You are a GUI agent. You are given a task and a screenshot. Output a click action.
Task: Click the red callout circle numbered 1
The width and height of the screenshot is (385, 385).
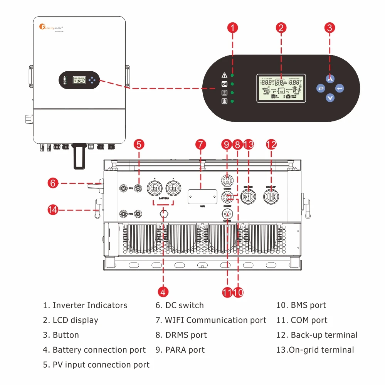232,27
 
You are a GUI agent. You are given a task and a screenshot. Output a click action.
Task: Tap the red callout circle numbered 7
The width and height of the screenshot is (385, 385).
200,145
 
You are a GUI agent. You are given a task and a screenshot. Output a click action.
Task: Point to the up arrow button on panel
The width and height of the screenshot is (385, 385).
330,79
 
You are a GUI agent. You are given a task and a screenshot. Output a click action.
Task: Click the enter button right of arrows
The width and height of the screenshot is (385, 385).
340,89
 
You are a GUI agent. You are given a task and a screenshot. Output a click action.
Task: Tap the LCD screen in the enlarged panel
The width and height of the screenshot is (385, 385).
281,88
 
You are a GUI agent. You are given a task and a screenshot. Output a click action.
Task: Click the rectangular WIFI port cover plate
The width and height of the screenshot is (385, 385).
202,197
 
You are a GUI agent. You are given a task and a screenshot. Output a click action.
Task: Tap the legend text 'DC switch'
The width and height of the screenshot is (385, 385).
180,305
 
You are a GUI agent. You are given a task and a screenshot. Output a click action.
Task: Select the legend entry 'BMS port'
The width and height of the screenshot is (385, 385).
301,305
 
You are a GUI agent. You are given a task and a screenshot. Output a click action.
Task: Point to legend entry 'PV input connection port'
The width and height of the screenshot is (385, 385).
96,365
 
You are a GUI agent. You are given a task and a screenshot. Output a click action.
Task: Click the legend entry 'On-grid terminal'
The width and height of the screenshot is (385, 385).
315,350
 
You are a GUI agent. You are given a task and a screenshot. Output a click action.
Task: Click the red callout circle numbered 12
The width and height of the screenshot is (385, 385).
271,145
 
